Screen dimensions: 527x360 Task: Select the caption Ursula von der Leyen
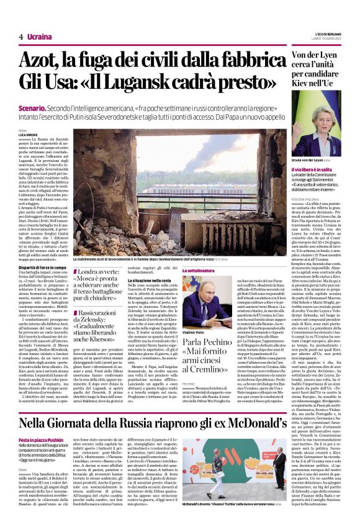[x=309, y=159]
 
